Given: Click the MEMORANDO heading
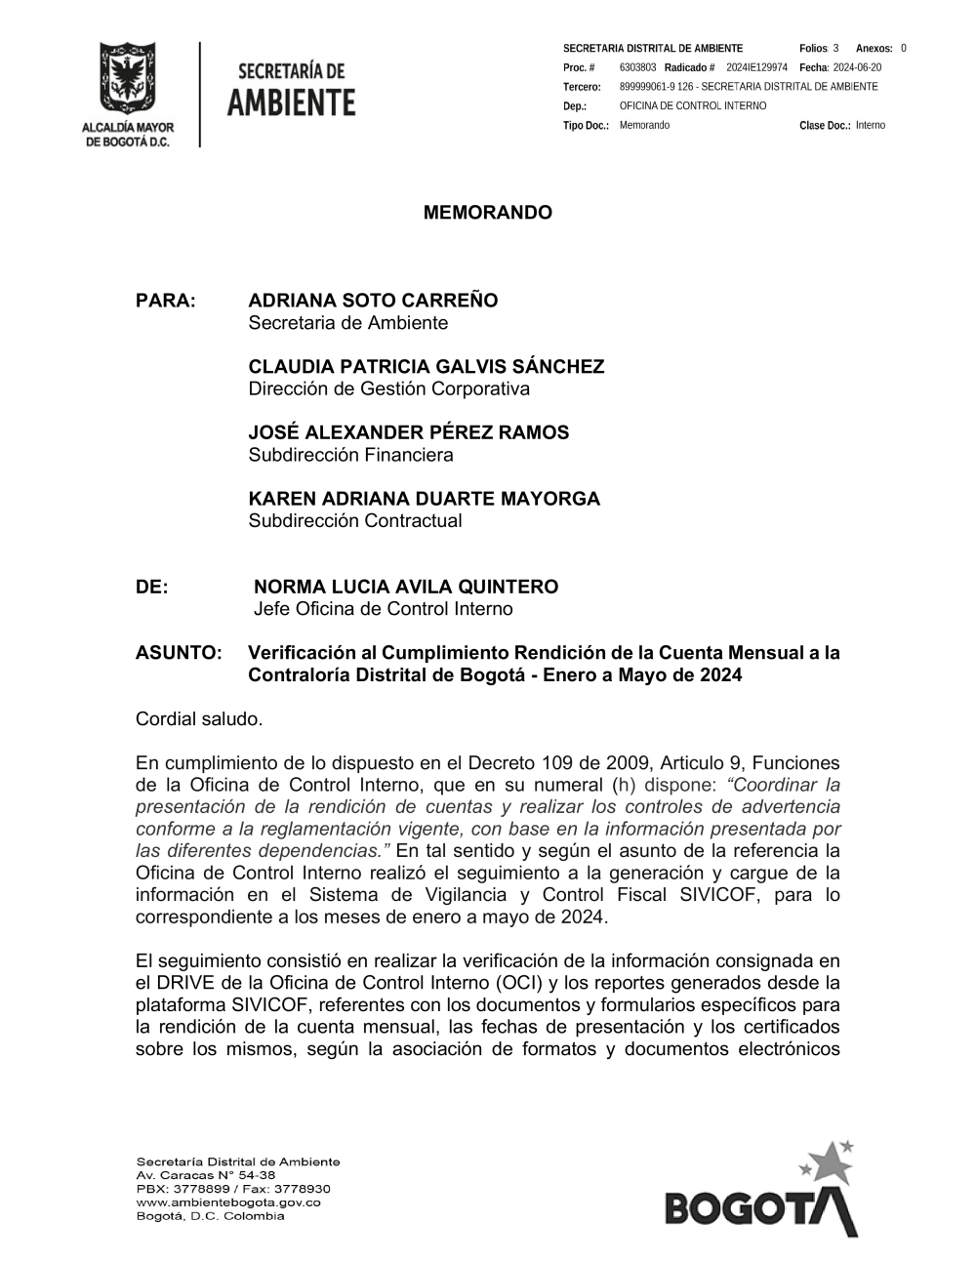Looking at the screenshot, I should pyautogui.click(x=487, y=213).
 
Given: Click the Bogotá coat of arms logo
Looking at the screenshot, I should pyautogui.click(x=127, y=80).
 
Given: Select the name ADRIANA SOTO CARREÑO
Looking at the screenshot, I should pyautogui.click(x=373, y=301).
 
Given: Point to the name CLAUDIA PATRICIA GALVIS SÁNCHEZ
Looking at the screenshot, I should pyautogui.click(x=426, y=367).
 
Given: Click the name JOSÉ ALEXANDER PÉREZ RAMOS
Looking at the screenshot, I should pyautogui.click(x=408, y=432).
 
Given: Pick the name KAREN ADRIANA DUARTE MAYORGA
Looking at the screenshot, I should pyautogui.click(x=424, y=499).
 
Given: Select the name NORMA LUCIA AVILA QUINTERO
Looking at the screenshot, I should pyautogui.click(x=406, y=587).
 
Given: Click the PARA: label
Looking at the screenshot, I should pyautogui.click(x=166, y=301).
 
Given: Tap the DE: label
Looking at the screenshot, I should pyautogui.click(x=151, y=587).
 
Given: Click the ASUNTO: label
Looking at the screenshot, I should pyautogui.click(x=179, y=652).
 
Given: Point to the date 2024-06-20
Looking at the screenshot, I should pyautogui.click(x=857, y=67).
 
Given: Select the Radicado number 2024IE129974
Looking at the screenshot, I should pyautogui.click(x=756, y=67).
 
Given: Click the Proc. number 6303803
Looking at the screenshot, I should pyautogui.click(x=637, y=67).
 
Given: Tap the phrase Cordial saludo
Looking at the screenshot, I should pyautogui.click(x=199, y=719).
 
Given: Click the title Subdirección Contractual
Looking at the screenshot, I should pyautogui.click(x=355, y=520).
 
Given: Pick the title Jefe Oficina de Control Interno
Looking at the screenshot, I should pyautogui.click(x=383, y=609).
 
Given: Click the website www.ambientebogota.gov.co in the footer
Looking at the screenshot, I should pyautogui.click(x=228, y=1202).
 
